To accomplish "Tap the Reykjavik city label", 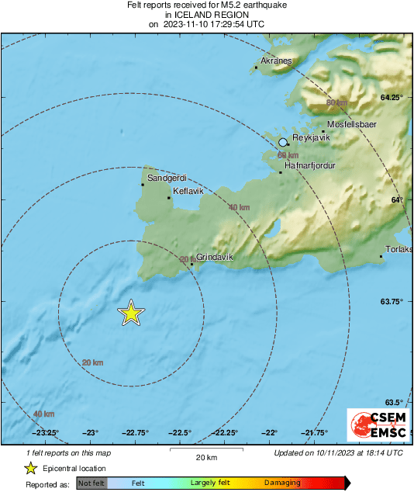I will tap(310, 137).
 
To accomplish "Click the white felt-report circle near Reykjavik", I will tap(284, 142).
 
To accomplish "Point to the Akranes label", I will tap(275, 60).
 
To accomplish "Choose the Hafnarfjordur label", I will tap(310, 165).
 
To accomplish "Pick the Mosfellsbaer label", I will tap(351, 124).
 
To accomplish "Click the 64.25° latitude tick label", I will tap(390, 98).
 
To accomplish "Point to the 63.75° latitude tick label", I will tap(390, 302).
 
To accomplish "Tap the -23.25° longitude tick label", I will tap(46, 433).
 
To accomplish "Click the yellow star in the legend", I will tap(30, 469).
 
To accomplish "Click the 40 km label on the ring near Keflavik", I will tap(239, 207).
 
